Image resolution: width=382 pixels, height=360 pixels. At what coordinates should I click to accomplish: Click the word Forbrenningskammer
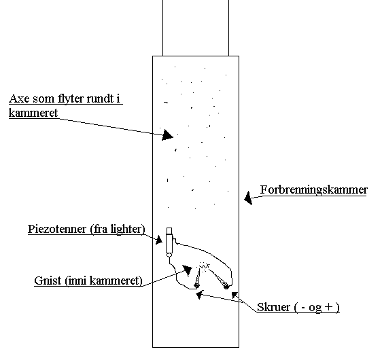(x=314, y=190)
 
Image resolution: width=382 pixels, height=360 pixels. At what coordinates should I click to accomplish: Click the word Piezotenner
(x=57, y=229)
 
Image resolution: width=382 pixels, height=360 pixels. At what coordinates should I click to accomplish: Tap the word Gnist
(x=48, y=281)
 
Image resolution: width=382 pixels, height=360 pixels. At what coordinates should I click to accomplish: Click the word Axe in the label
(x=20, y=98)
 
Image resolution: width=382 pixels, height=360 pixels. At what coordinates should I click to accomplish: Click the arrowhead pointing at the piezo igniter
(x=159, y=240)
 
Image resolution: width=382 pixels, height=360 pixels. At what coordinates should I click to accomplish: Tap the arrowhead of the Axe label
(x=167, y=135)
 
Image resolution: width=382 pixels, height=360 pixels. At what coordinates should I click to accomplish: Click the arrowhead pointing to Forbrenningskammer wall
(x=248, y=198)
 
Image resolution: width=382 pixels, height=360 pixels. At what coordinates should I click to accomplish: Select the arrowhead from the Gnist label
(x=188, y=270)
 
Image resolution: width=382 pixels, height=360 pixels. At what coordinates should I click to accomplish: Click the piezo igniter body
(x=169, y=243)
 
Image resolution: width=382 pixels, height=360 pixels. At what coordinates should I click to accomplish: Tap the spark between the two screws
(x=204, y=266)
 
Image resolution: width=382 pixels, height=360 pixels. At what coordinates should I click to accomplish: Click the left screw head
(x=196, y=285)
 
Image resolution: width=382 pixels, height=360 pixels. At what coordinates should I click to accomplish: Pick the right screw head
(x=226, y=287)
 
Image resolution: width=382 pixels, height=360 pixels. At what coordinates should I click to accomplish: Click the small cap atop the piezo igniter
(x=169, y=231)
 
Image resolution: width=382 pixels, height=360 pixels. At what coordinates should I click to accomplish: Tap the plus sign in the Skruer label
(x=328, y=306)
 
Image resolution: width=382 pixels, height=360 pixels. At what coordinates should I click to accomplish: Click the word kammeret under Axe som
(x=33, y=113)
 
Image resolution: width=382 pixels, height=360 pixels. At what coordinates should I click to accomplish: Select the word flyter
(x=71, y=99)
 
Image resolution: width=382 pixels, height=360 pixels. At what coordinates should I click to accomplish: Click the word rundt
(x=101, y=98)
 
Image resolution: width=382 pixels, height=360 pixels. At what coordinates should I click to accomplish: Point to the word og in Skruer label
(x=315, y=308)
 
